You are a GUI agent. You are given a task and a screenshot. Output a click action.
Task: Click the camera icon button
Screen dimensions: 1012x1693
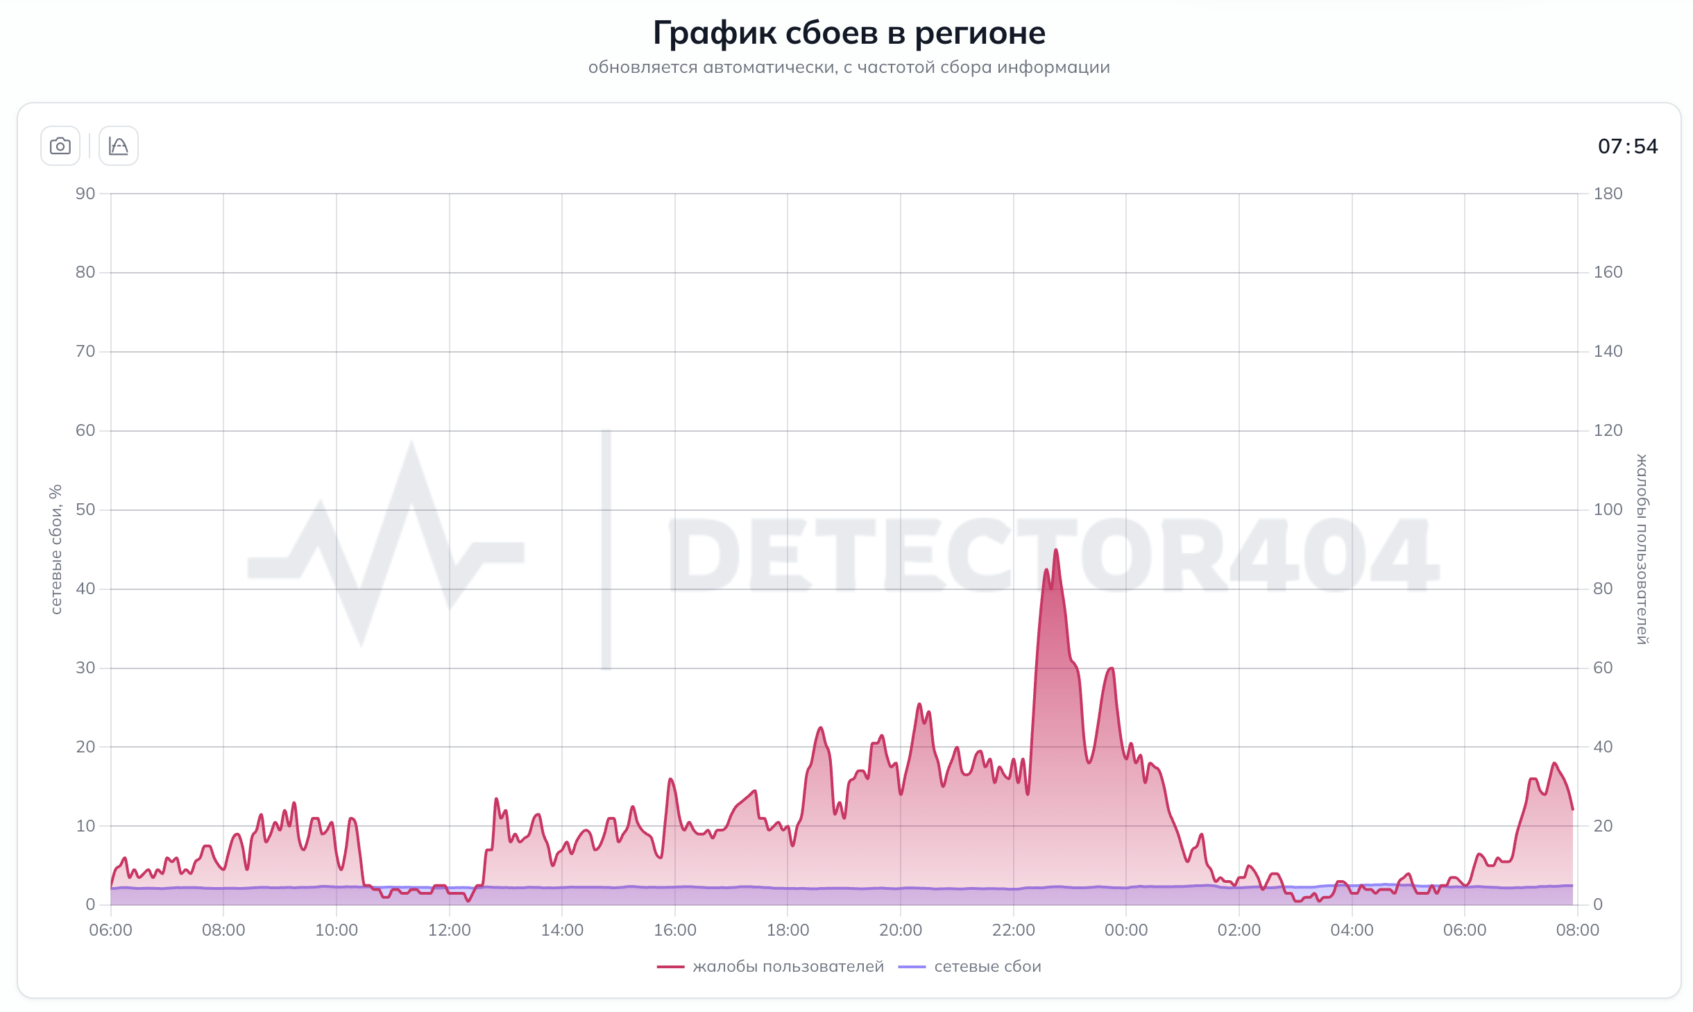(60, 146)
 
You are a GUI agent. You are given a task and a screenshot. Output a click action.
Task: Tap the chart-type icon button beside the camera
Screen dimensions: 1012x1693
(119, 146)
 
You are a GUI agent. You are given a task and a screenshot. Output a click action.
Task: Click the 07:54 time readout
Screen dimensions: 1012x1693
(1627, 146)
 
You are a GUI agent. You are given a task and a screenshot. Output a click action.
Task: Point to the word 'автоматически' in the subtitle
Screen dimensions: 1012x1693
(769, 67)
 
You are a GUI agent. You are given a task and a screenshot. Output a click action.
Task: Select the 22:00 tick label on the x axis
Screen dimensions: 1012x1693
(1013, 930)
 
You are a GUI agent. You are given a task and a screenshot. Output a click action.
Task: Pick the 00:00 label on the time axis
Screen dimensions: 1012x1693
(1125, 930)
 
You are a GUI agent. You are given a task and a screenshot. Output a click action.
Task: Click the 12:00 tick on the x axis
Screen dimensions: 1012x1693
(449, 930)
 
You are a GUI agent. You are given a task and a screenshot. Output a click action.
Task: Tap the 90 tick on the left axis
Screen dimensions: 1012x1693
(85, 194)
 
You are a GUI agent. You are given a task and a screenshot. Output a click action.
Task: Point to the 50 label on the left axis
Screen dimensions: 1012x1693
(85, 509)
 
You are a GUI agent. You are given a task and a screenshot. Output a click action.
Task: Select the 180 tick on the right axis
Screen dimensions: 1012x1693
(1608, 194)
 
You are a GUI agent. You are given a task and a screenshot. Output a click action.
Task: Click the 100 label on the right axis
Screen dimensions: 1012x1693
(1608, 509)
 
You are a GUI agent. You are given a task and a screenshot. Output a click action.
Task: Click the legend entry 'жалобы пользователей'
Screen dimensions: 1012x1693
(788, 966)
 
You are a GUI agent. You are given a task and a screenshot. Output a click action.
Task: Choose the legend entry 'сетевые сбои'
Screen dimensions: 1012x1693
(987, 966)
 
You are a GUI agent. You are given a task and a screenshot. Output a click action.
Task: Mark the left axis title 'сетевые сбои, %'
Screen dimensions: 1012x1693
(56, 549)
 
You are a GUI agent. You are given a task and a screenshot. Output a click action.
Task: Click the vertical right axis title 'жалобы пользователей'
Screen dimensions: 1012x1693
(1642, 549)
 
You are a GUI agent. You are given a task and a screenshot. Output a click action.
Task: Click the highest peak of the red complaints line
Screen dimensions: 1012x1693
(1055, 550)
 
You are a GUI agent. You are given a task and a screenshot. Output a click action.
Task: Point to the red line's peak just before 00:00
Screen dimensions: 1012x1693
(1112, 668)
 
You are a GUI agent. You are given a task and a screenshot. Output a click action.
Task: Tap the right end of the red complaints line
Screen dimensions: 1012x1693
(1572, 809)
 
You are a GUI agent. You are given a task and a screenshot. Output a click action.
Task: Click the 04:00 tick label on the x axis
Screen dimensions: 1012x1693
(1352, 930)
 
